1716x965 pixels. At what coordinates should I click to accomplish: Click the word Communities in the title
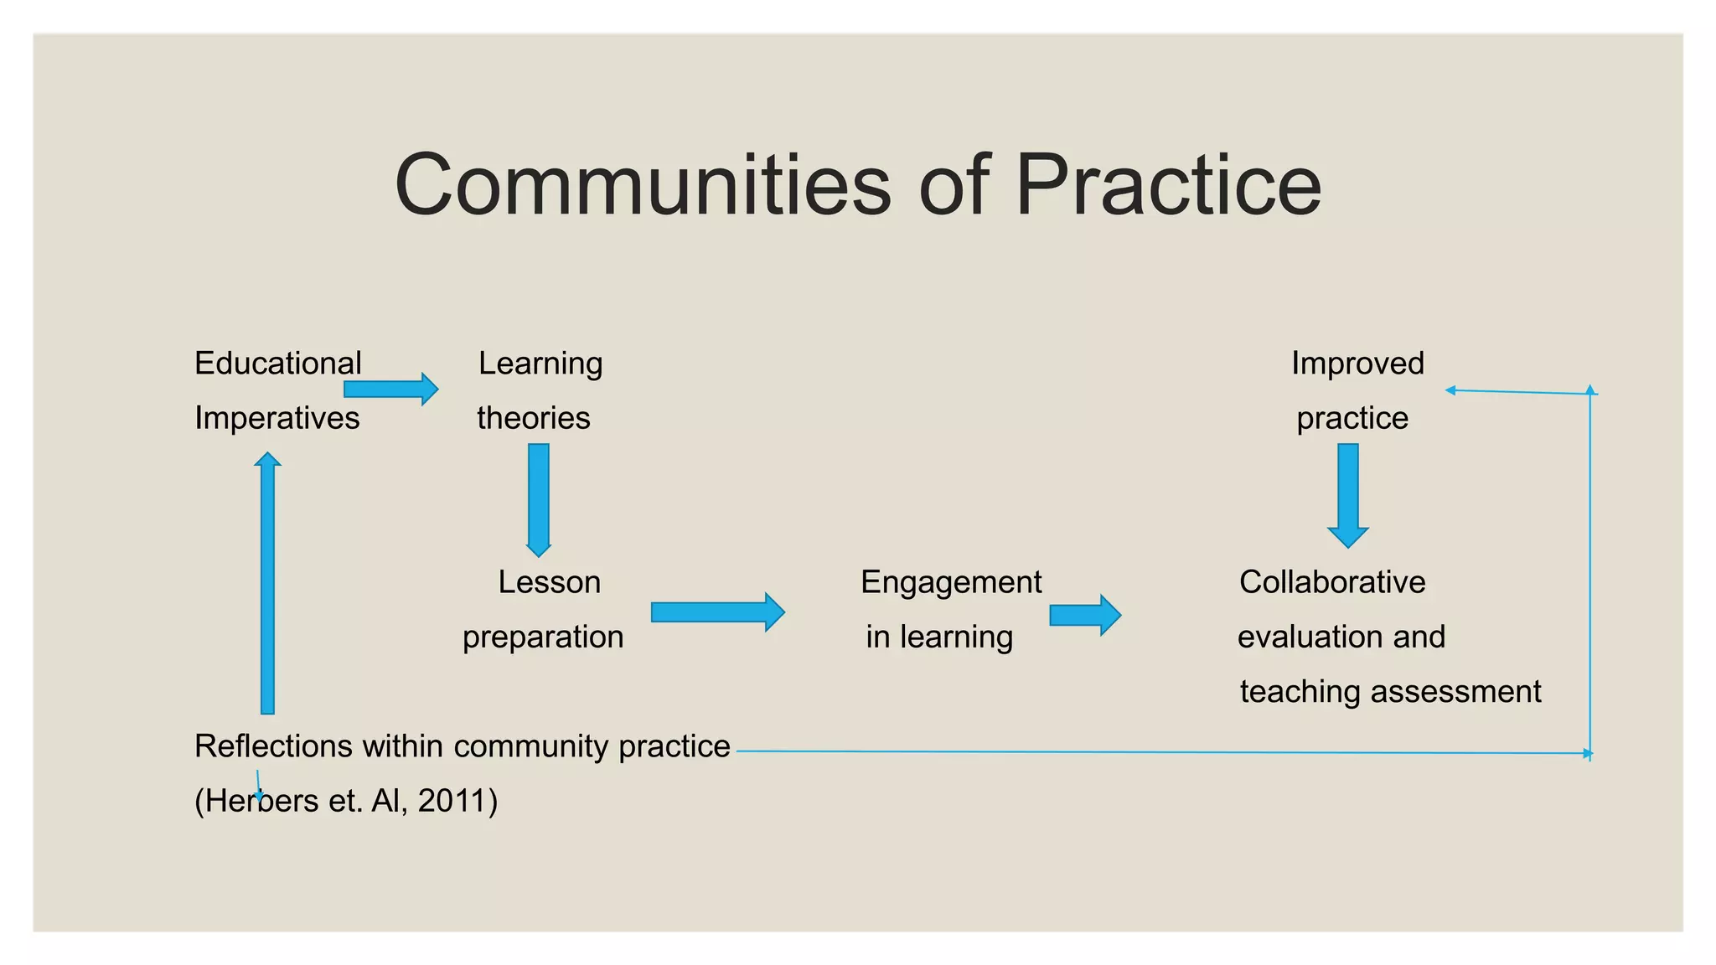coord(643,185)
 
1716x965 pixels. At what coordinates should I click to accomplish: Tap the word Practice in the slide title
coord(1168,185)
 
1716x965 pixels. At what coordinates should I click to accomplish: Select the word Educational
coord(277,364)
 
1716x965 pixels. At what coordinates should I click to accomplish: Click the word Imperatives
coord(277,418)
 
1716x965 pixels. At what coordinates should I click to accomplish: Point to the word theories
coord(533,418)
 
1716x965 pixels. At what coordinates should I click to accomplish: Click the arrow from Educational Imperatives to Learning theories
coord(390,389)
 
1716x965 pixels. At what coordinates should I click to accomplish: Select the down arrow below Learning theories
coord(539,499)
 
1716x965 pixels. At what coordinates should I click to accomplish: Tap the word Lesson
coord(549,582)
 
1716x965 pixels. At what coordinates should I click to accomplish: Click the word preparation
coord(543,637)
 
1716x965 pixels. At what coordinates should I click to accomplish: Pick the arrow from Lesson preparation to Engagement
coord(717,612)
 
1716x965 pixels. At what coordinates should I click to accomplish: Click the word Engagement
coord(951,582)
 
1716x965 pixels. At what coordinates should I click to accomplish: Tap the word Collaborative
coord(1332,582)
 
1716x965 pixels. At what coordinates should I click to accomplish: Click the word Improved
coord(1357,364)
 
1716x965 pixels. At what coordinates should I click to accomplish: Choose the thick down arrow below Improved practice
coord(1348,495)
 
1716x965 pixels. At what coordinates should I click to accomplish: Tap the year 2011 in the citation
coord(452,801)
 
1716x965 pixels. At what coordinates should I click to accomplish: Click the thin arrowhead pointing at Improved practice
coord(1450,390)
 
